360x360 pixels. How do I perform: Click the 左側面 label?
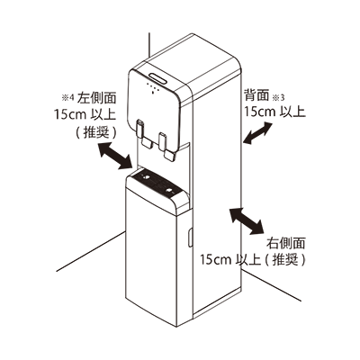click(x=96, y=98)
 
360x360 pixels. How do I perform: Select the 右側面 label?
click(x=286, y=243)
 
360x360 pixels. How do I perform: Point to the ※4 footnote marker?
click(x=67, y=97)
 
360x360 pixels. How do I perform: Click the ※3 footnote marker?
click(x=277, y=97)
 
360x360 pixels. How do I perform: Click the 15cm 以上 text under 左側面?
click(x=85, y=115)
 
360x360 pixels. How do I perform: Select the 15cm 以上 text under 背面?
click(x=274, y=112)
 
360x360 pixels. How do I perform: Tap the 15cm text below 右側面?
click(x=216, y=259)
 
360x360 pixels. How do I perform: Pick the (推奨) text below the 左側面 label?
click(x=95, y=132)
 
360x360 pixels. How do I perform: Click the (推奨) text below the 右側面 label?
click(x=285, y=259)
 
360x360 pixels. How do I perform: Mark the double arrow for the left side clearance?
click(x=116, y=156)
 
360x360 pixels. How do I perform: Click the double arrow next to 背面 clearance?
click(x=257, y=133)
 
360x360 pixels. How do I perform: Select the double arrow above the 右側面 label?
click(x=247, y=220)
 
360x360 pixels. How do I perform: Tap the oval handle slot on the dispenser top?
click(x=159, y=78)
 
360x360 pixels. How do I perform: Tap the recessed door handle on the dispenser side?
click(x=190, y=238)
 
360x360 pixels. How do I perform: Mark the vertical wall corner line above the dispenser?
click(x=149, y=43)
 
